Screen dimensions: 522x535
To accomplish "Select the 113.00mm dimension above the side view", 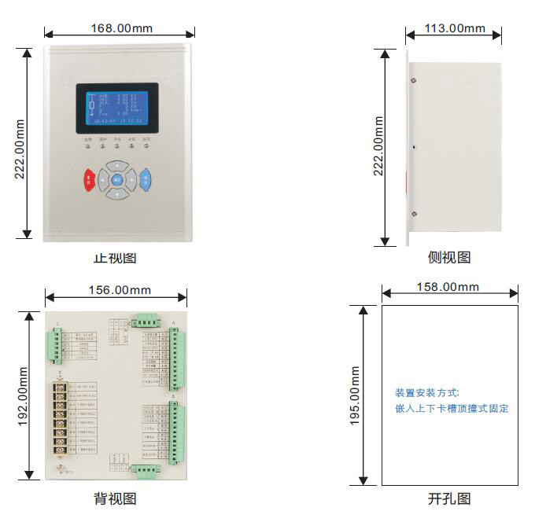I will [x=455, y=28].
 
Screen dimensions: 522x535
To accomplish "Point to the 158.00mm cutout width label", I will [x=449, y=286].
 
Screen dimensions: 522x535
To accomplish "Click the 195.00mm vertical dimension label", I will [x=355, y=395].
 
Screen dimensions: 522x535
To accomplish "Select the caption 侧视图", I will [x=449, y=258].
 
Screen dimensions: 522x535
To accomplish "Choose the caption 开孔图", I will [x=449, y=498].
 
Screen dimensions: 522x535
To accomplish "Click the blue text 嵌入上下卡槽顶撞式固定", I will [x=452, y=409].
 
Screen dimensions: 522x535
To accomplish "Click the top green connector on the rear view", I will [x=146, y=319].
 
